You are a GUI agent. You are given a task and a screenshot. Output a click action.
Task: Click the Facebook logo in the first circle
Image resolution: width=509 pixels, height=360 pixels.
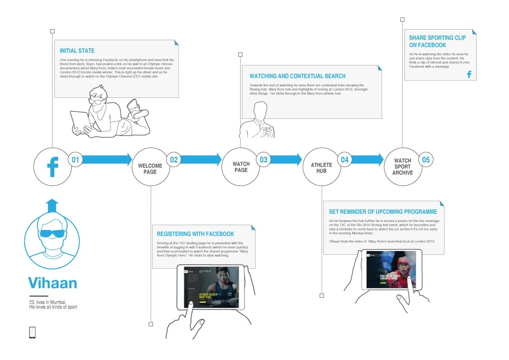coord(53,167)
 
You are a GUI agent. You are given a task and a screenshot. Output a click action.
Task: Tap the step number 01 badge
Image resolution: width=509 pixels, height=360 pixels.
coord(76,160)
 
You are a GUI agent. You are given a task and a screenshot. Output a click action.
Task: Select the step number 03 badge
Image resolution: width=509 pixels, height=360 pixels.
coord(264,160)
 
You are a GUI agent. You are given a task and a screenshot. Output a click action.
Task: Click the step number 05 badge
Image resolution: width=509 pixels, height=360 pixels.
coord(426,160)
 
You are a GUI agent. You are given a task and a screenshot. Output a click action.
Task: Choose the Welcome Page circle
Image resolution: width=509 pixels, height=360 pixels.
coord(150,168)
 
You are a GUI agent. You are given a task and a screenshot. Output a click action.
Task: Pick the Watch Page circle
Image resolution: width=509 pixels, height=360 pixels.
coord(241,167)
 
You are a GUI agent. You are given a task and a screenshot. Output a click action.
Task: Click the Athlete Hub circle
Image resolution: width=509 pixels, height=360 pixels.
coord(321,168)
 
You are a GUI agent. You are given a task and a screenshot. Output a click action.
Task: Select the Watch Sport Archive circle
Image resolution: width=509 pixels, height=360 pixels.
coord(403,167)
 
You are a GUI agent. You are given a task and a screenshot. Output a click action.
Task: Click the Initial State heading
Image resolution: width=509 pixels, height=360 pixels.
coord(77,51)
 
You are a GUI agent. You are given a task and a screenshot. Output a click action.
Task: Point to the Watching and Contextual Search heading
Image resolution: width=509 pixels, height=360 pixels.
coord(297,76)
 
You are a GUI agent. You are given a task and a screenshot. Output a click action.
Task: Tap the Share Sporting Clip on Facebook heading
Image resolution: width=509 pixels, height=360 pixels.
coord(437,41)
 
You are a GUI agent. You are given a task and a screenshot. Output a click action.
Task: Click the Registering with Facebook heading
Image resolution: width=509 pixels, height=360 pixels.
coord(195,234)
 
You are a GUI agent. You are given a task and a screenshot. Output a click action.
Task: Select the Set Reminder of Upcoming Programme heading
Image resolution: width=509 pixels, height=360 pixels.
coord(383,212)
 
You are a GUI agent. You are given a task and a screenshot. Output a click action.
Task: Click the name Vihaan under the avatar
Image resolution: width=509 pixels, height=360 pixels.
coord(53,283)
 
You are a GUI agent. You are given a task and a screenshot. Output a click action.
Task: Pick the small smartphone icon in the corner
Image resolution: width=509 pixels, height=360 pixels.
coord(32,332)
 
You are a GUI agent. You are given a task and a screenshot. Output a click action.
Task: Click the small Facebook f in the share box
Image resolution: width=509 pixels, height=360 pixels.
coord(469,74)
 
